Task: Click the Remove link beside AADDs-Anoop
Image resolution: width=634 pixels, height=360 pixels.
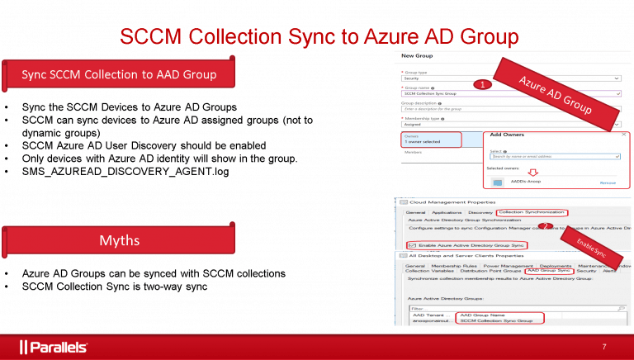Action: coord(607,182)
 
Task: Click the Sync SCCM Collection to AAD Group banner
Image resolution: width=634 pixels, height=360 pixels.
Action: coord(119,75)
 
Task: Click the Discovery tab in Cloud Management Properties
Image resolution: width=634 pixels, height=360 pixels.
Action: coord(479,212)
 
